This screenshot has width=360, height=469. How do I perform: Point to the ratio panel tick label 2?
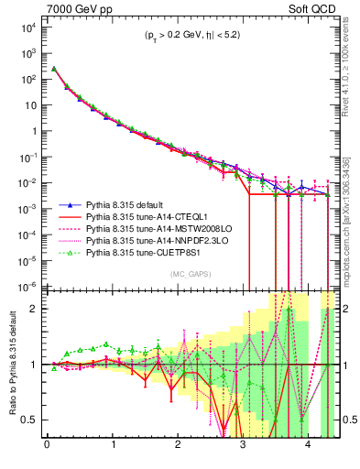[x=36, y=309]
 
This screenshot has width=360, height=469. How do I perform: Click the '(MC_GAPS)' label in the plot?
[x=189, y=274]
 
